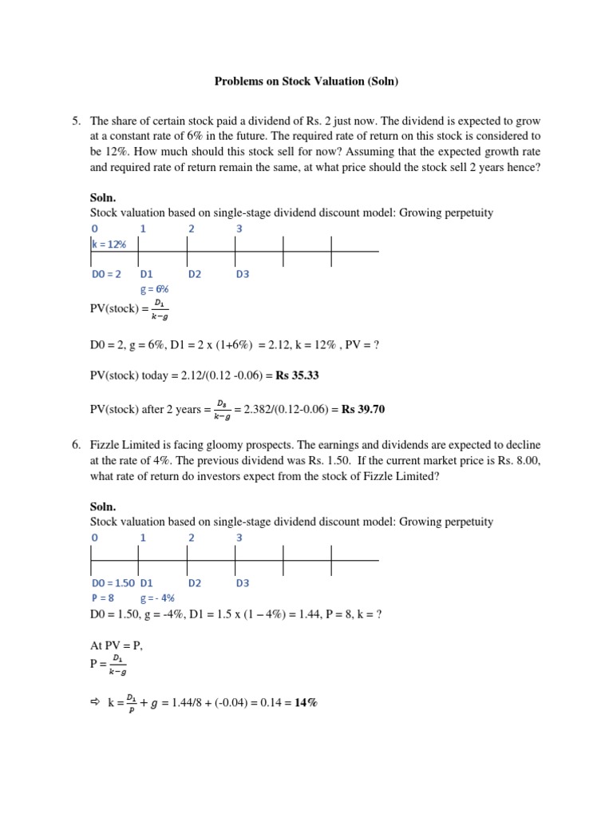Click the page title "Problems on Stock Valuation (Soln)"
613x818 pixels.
[306, 81]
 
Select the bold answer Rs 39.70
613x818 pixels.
[363, 409]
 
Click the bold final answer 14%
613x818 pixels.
[306, 703]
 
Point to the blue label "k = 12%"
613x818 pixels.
[109, 244]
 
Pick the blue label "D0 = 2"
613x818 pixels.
[107, 274]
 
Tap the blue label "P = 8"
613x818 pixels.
[103, 598]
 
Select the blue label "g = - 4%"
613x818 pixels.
[157, 598]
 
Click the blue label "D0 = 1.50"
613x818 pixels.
[113, 582]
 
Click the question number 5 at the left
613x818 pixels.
[76, 121]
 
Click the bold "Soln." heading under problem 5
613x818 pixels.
[103, 197]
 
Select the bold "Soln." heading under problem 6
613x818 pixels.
[103, 506]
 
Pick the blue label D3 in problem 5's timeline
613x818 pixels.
[243, 274]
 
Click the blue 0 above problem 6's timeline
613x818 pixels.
[94, 538]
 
